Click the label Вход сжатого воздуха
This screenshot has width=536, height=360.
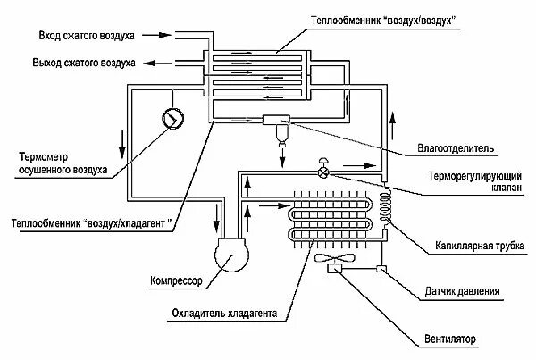click(86, 37)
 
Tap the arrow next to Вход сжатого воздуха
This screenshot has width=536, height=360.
click(157, 37)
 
